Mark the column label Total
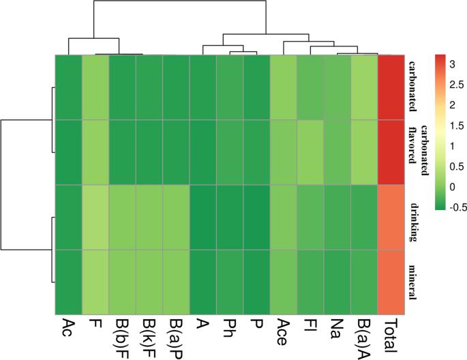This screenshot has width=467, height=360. point(391,335)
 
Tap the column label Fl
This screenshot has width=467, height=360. point(310,328)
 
